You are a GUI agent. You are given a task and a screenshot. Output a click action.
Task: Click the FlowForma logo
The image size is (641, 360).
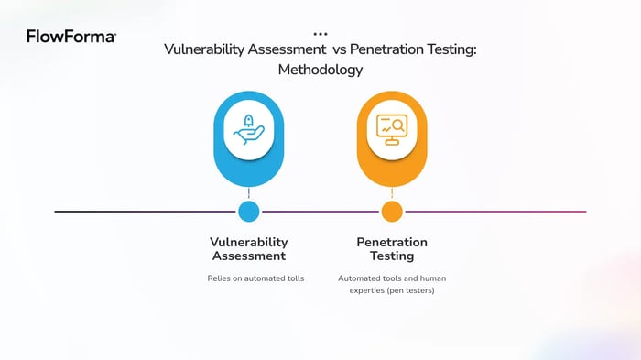71,37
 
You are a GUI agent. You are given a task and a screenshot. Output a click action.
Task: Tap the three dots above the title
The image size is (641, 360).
320,33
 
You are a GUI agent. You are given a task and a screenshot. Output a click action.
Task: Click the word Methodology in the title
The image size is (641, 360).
320,70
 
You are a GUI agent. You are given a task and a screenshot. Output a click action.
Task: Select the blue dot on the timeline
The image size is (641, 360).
248,212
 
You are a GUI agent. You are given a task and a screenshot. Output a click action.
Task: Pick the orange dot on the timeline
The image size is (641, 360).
392,212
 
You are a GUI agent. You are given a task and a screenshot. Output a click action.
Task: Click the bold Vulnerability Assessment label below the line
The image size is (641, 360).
248,249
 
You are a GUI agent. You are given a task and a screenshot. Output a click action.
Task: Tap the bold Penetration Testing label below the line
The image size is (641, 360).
392,249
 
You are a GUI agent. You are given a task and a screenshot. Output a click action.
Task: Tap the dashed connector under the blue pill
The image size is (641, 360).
248,193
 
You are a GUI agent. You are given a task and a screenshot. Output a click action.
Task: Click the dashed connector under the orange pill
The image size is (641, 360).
392,193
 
